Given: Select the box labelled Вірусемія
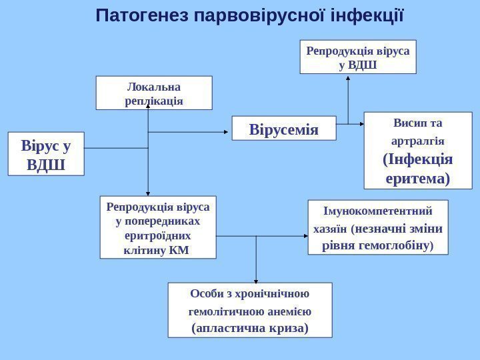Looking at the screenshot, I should (284, 128).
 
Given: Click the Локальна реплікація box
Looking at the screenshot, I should (154, 93).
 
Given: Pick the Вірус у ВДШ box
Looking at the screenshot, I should (46, 154).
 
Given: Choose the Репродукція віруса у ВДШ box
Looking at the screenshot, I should (358, 57).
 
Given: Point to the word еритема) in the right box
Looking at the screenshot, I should (418, 179).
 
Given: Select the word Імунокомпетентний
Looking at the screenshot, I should (377, 211).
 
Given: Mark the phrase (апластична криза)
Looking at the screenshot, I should (250, 328).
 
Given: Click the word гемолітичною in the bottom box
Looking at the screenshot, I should (229, 311).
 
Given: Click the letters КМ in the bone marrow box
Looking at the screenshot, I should (179, 251).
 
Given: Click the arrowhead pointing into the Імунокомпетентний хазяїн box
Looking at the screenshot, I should (303, 235).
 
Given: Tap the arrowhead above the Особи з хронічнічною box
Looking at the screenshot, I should (257, 279).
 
